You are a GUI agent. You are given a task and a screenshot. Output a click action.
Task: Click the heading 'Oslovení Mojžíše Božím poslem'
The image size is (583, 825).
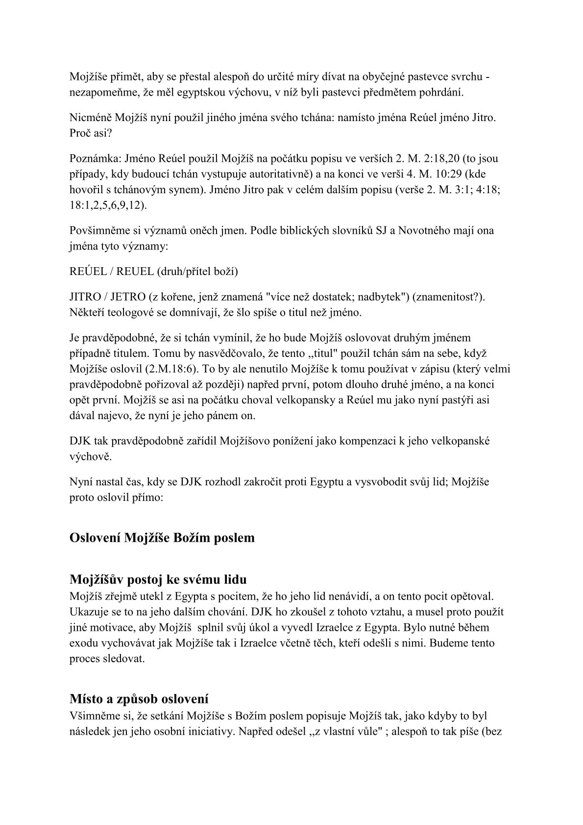[x=162, y=538]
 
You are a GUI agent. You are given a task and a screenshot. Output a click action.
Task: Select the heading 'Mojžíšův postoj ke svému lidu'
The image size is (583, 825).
[x=158, y=579]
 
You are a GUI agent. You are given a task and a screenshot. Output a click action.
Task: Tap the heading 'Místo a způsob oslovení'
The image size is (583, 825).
[x=139, y=699]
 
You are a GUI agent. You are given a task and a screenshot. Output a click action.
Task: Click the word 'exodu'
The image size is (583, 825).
[x=81, y=643]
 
